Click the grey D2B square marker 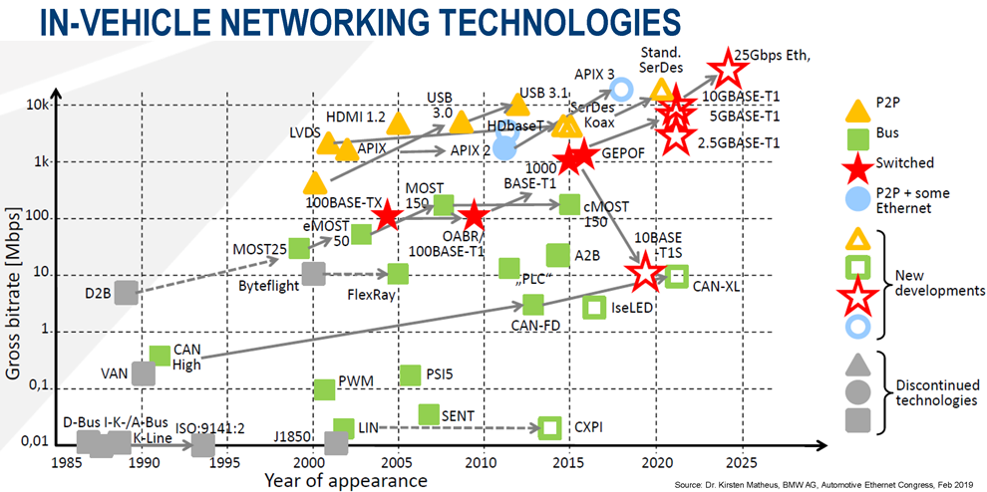[126, 293]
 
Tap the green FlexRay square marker [398, 274]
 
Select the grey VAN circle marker [144, 373]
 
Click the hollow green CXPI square [549, 428]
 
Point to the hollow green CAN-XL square [677, 276]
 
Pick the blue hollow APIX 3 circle [620, 90]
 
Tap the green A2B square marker [558, 255]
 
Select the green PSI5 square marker [410, 374]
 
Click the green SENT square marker [429, 413]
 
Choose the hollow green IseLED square [595, 308]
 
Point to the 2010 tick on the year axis [483, 462]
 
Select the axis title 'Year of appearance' [346, 481]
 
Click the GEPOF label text [624, 155]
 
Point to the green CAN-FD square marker [533, 304]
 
